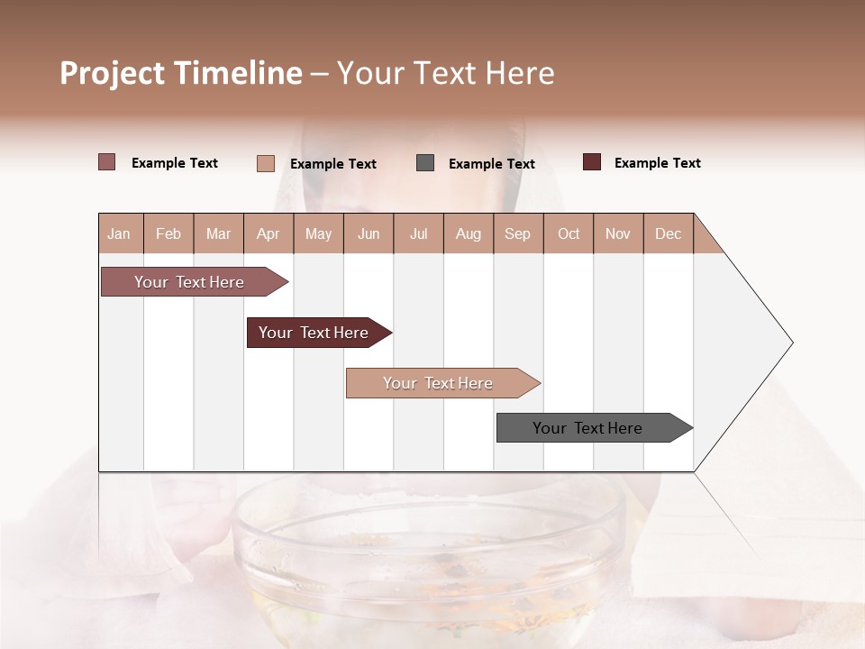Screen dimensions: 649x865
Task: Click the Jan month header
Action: [119, 233]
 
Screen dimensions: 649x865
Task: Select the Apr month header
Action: [268, 233]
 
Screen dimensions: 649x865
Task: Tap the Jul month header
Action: [418, 233]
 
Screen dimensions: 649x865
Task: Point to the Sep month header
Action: [517, 233]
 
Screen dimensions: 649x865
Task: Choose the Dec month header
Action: [668, 233]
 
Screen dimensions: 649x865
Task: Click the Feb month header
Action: [168, 233]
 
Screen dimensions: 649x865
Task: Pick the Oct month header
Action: [569, 233]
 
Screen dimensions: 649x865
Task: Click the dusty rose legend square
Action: [107, 162]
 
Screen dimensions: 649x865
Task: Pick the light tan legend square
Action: [266, 163]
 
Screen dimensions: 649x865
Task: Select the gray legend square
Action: [425, 163]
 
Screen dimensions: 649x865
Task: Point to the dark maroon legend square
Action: [592, 162]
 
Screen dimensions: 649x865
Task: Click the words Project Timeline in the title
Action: [181, 73]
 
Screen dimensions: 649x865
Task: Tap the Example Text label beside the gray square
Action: [491, 164]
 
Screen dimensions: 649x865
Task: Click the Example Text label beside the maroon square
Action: [657, 163]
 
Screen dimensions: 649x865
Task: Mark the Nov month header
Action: [618, 233]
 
